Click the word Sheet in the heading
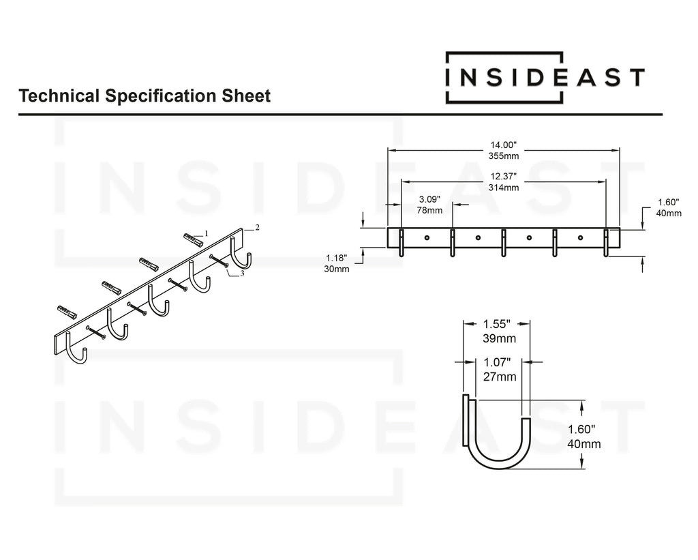248,96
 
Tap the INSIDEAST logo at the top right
544,77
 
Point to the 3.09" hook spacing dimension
429,199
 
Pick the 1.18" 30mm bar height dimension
337,263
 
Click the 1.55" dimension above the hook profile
497,325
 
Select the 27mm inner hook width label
497,377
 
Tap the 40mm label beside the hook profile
583,444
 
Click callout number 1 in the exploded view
206,233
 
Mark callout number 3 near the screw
243,273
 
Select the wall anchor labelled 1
194,240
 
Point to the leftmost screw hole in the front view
427,237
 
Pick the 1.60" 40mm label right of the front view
668,207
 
